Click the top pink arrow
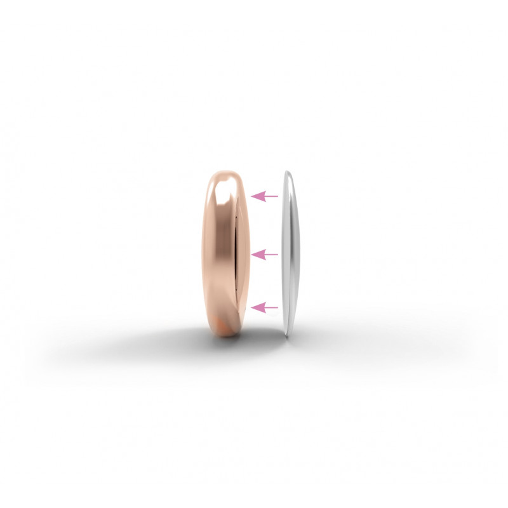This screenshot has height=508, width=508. [x=265, y=196]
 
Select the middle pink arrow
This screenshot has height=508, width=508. [x=265, y=254]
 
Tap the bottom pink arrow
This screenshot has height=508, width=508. [x=265, y=308]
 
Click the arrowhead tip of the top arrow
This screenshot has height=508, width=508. [x=253, y=196]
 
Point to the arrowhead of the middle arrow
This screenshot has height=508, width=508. [x=253, y=254]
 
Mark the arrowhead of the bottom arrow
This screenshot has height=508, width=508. [x=253, y=308]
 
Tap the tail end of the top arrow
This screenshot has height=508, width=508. [x=277, y=196]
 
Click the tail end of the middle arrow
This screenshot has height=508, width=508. [x=277, y=254]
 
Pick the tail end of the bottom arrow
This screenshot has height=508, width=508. [x=277, y=308]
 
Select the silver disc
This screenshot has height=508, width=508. [x=290, y=254]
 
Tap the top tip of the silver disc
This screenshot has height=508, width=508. [x=286, y=171]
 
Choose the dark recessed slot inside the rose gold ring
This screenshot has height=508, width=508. [x=237, y=254]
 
